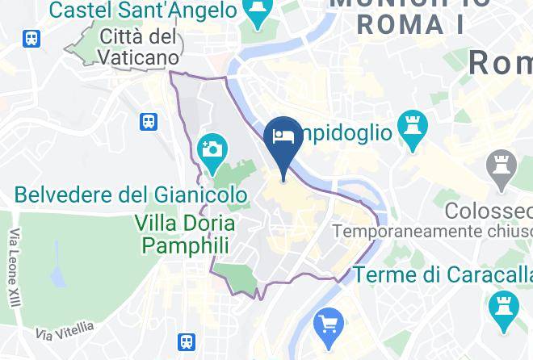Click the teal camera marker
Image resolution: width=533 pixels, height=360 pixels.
pos(213,151)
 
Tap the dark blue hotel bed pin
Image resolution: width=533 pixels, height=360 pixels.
pos(283,137)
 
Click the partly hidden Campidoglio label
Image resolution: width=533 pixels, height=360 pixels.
pos(347,132)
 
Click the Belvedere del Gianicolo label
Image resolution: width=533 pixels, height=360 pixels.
pos(131,195)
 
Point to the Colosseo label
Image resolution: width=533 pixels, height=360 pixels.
pos(488,211)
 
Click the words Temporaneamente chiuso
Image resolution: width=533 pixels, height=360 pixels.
pos(432,232)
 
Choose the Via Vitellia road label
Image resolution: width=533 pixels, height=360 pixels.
pos(65,330)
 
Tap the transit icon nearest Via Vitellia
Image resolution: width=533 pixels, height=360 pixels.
pos(187,342)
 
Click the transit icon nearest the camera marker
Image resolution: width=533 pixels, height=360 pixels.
pos(149,122)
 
